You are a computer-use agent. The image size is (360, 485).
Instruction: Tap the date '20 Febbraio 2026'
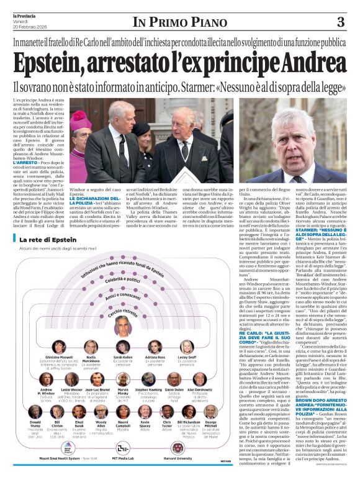tap(30, 26)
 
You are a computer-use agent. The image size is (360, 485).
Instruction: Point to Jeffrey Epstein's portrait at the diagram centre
tap(123, 325)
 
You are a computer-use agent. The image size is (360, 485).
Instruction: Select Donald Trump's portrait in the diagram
tap(36, 412)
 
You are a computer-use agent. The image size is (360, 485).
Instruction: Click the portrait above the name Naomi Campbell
tap(123, 412)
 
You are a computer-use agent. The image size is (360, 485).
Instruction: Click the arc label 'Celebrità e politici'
tap(123, 281)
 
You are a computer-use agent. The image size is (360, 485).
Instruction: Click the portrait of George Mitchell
tap(210, 412)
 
